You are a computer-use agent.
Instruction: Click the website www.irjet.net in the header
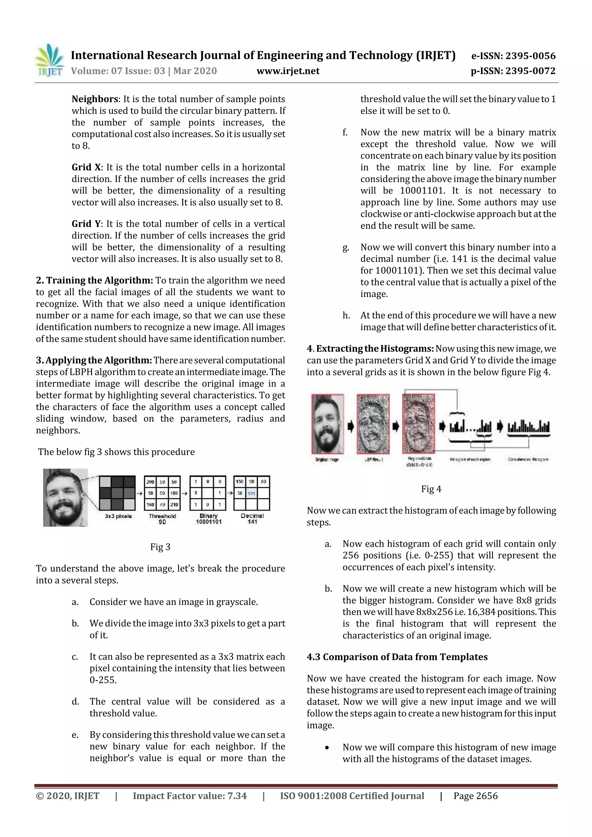288,71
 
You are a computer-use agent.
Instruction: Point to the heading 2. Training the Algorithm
95,280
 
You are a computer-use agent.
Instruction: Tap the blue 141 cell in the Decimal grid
251,493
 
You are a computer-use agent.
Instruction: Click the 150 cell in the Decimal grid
240,482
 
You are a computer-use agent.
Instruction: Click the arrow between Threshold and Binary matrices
185,493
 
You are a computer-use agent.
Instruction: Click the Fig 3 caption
160,547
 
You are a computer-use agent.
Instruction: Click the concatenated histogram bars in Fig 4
528,426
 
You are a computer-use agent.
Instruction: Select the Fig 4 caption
431,489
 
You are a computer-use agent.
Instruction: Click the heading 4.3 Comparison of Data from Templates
397,657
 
